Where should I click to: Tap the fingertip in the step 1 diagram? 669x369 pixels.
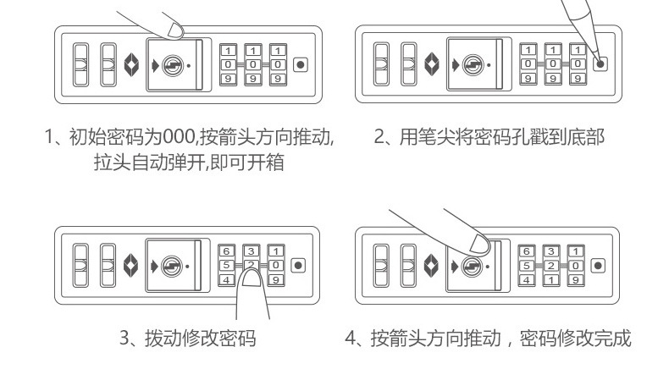pos(176,31)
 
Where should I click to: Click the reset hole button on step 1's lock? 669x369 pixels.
pos(300,65)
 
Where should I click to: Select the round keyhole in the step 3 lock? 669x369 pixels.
pos(172,264)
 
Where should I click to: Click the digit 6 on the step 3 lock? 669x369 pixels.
pos(227,251)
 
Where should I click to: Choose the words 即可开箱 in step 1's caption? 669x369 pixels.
pos(251,161)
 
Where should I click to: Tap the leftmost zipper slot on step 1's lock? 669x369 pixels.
pos(79,64)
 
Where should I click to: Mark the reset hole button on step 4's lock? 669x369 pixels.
pos(599,265)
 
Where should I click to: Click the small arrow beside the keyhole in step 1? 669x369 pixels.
pos(156,65)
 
